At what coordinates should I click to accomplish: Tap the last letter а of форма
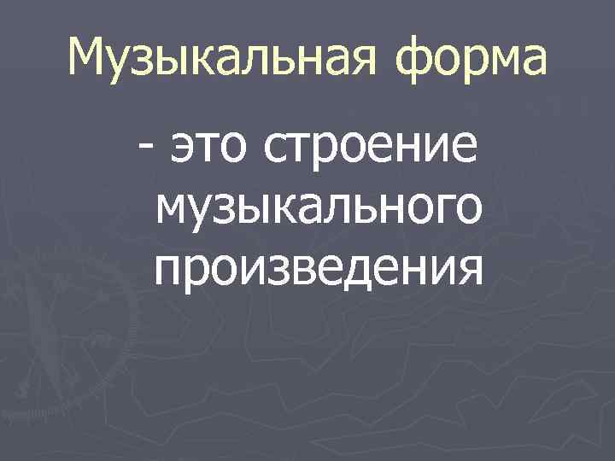pos(530,61)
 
